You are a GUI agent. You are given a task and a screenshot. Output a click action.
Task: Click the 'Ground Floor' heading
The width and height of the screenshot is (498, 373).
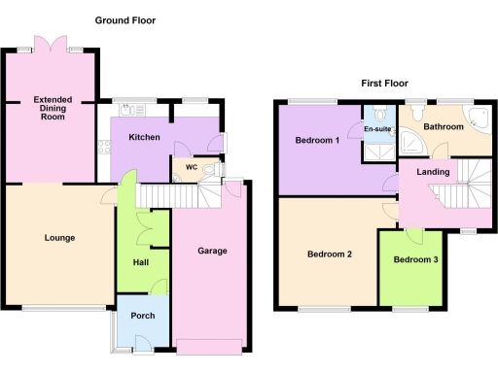click(x=124, y=20)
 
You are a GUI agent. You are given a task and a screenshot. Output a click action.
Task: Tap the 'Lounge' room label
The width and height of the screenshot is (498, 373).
click(x=59, y=238)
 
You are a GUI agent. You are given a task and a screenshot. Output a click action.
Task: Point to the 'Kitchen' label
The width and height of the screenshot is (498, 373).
click(x=144, y=138)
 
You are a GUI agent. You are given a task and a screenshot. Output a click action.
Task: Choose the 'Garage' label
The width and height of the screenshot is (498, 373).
click(x=212, y=251)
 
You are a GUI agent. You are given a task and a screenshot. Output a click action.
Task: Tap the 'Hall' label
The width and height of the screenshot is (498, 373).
click(x=140, y=262)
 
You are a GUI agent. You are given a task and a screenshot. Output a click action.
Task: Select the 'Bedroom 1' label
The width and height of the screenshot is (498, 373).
click(x=317, y=142)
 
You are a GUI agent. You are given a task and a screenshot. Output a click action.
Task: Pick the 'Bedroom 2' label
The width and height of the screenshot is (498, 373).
click(x=329, y=254)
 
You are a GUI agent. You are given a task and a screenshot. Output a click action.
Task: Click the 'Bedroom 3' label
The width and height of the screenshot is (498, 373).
click(x=415, y=259)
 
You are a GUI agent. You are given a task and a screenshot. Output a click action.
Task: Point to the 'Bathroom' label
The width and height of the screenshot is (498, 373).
click(x=443, y=127)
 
